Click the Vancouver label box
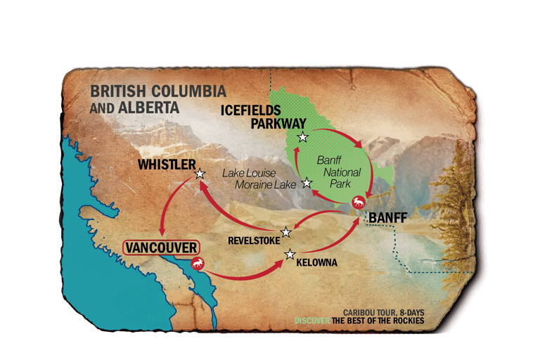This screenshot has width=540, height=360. (x=161, y=248)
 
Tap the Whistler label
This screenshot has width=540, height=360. (x=166, y=165)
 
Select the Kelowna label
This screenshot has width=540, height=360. (x=316, y=263)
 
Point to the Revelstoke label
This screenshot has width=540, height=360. (x=252, y=240)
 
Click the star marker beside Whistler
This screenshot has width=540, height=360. (x=200, y=173)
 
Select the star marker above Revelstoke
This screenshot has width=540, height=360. (x=286, y=232)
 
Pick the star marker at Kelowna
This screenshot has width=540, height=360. (x=290, y=255)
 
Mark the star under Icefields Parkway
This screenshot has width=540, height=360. (x=302, y=137)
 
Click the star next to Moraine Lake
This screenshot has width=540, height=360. (x=307, y=183)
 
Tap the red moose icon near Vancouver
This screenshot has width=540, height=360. (x=198, y=265)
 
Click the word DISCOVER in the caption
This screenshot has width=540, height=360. (x=312, y=321)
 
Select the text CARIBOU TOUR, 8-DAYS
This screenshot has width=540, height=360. (x=383, y=312)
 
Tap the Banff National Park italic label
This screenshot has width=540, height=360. (x=338, y=172)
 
